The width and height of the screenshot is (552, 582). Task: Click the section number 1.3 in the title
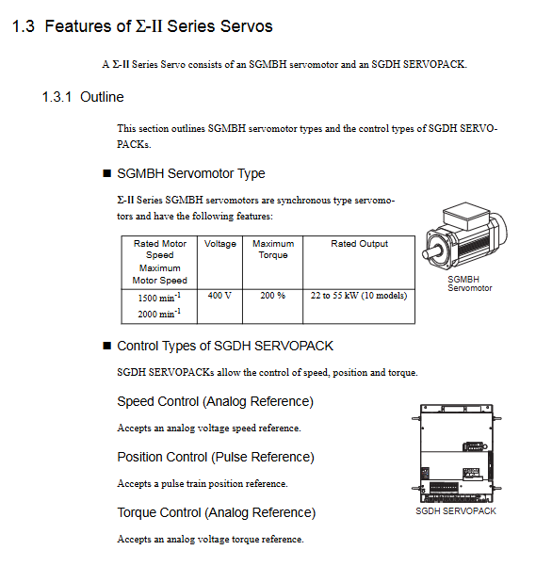pyautogui.click(x=24, y=26)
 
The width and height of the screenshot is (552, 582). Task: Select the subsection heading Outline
pyautogui.click(x=102, y=97)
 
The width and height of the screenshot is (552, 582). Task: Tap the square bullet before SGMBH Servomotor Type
pyautogui.click(x=106, y=173)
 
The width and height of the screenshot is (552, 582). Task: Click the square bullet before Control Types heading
pyautogui.click(x=106, y=346)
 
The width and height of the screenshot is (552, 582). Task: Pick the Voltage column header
pyautogui.click(x=220, y=244)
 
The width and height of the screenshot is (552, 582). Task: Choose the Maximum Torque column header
pyautogui.click(x=273, y=249)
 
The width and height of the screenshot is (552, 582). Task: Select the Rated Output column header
pyautogui.click(x=359, y=244)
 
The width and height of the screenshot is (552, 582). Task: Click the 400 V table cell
pyautogui.click(x=219, y=296)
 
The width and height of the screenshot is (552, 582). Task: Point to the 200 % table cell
pyautogui.click(x=273, y=296)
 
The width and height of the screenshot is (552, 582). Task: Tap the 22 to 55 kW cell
pyautogui.click(x=359, y=296)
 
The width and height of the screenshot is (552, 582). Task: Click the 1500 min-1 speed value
pyautogui.click(x=159, y=298)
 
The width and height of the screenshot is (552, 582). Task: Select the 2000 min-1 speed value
pyautogui.click(x=159, y=314)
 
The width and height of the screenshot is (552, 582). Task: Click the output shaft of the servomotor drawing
pyautogui.click(x=431, y=252)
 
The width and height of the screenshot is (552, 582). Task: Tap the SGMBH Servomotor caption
pyautogui.click(x=470, y=283)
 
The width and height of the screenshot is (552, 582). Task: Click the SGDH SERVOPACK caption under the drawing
pyautogui.click(x=456, y=511)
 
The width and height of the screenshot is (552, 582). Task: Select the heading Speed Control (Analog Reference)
pyautogui.click(x=216, y=402)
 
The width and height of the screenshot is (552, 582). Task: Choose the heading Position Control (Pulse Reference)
pyautogui.click(x=216, y=458)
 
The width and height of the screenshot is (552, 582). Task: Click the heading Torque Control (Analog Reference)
pyautogui.click(x=217, y=513)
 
